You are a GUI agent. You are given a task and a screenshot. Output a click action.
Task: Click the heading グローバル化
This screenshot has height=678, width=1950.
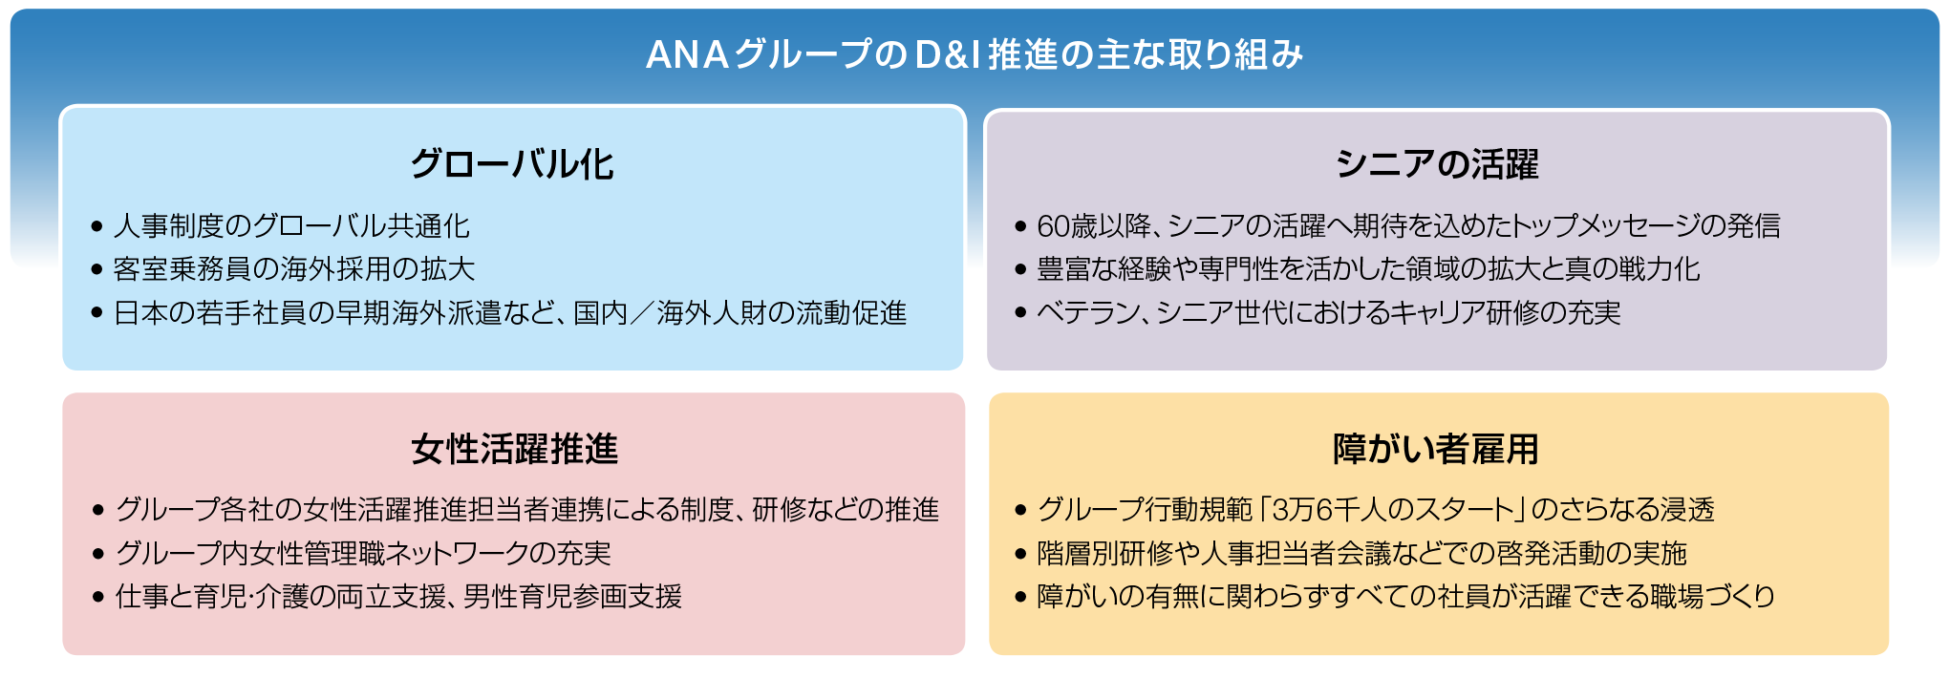point(512,164)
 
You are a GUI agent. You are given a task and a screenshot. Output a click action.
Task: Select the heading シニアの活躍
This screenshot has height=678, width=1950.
point(1437,164)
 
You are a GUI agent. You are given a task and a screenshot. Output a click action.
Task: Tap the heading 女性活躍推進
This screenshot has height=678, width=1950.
point(514,449)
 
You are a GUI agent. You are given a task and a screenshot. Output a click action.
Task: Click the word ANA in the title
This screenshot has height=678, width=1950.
point(687,55)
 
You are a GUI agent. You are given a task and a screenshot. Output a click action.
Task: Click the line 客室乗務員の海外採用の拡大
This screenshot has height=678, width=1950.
point(293,269)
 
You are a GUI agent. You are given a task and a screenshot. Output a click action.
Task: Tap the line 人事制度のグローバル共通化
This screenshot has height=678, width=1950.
point(291,226)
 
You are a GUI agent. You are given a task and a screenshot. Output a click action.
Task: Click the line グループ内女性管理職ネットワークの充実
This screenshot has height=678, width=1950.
point(363,553)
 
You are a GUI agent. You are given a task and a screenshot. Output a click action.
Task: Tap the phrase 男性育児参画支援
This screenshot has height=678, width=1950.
point(572,597)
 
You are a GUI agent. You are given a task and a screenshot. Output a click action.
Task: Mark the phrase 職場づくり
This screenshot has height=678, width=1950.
point(1727,597)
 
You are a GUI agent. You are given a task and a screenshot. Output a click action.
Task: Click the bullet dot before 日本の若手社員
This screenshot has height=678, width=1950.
point(96,313)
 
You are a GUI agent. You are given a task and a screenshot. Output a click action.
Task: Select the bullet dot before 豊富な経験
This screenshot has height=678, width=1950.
point(1020,270)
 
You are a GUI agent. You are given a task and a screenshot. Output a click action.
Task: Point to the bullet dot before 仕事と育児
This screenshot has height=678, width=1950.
point(98,598)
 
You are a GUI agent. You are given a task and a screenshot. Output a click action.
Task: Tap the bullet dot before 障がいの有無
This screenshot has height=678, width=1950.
point(1020,598)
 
